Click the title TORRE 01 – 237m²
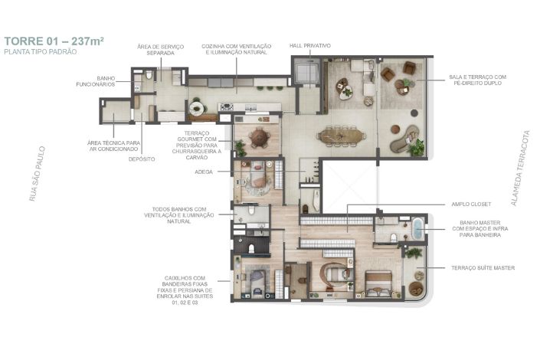[54, 41]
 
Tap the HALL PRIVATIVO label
[310, 45]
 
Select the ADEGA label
[204, 172]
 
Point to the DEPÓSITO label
[142, 159]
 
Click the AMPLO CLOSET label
[471, 205]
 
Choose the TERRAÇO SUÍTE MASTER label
[483, 267]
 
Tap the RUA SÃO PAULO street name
[38, 174]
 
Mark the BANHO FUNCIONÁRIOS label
[96, 81]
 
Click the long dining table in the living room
[341, 136]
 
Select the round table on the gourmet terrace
[260, 137]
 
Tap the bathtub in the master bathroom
[417, 228]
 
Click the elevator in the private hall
[306, 73]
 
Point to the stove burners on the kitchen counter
[227, 107]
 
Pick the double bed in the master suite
[378, 283]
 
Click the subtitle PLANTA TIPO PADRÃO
[41, 51]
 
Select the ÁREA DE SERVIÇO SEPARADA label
[161, 50]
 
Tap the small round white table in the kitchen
[197, 108]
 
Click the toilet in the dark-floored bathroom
[251, 248]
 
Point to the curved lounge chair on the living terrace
[405, 139]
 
